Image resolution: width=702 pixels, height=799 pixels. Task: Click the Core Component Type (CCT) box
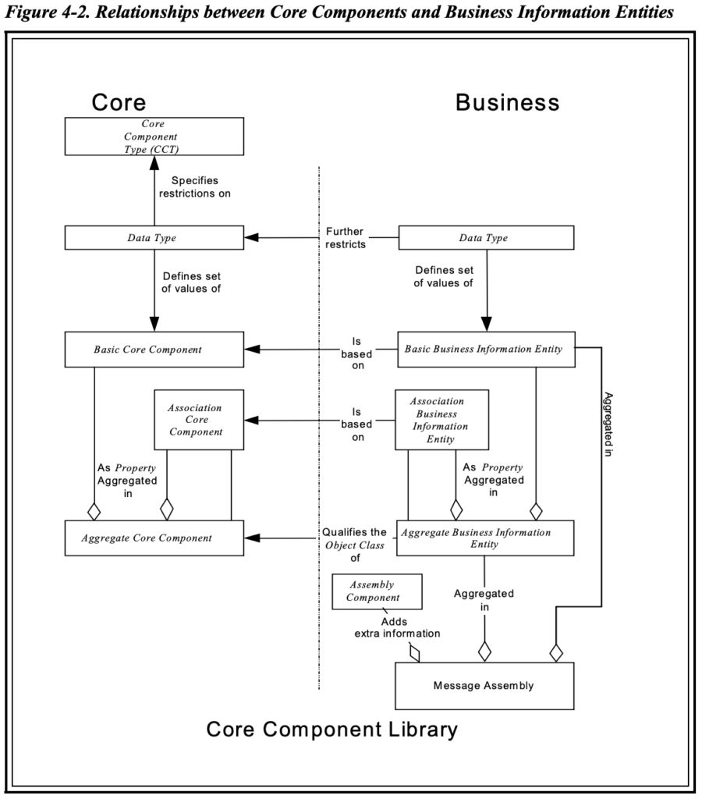(x=154, y=137)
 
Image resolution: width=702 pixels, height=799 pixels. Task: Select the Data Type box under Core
(x=154, y=237)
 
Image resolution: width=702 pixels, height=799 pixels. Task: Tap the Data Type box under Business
(x=486, y=237)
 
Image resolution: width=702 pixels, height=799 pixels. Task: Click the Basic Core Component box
(x=154, y=350)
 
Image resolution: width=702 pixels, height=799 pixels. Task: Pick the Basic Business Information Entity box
(x=486, y=350)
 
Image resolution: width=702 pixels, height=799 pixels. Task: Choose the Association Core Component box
(x=199, y=420)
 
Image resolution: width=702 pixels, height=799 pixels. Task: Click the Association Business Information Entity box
(x=441, y=420)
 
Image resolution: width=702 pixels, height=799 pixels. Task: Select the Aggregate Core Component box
(x=154, y=538)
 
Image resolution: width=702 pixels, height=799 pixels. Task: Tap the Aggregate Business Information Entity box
(x=485, y=538)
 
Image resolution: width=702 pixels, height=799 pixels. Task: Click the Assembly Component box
(x=377, y=591)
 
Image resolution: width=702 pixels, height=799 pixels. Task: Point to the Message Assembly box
(x=484, y=686)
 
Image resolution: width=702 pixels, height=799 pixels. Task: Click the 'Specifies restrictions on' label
(x=194, y=187)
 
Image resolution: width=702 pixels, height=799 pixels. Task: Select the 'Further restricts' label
(x=346, y=238)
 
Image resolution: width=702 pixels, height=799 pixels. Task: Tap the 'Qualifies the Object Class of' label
(x=355, y=545)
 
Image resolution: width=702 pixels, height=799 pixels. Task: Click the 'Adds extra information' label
(x=397, y=628)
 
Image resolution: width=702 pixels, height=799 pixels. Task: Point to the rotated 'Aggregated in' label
(x=608, y=424)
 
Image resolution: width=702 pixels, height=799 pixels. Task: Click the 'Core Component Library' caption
(x=331, y=730)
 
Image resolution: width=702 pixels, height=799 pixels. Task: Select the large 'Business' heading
(x=508, y=102)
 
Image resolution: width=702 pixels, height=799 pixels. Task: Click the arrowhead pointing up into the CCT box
(x=154, y=162)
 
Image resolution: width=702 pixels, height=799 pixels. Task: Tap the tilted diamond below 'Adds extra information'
(x=415, y=653)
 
